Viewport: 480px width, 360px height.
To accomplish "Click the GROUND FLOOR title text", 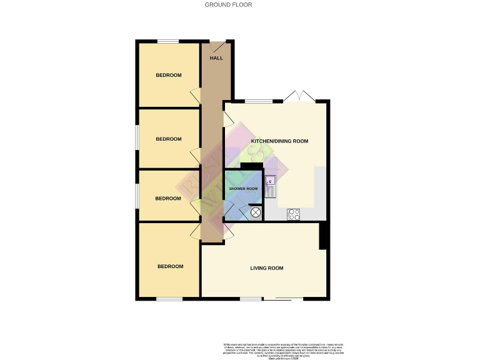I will pos(228,5).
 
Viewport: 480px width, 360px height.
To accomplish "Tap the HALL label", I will pos(216,58).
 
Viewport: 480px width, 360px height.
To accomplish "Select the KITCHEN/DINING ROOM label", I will pos(279,142).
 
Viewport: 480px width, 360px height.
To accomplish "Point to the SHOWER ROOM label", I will pos(243,189).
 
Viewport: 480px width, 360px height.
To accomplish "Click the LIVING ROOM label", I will pos(267,268).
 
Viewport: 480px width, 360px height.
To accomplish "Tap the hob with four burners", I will pos(293,214).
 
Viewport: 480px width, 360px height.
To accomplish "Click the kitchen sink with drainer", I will pos(271,186).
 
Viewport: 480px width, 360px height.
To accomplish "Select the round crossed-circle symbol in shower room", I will pos(256,212).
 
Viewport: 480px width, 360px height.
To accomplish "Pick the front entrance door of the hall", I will pos(217,47).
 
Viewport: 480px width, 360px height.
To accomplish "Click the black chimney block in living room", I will pos(324,236).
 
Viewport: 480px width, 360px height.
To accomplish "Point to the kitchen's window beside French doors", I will pos(254,101).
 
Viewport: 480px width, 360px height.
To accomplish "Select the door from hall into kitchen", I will pos(227,118).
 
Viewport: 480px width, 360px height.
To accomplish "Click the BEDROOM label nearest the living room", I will pos(170,267).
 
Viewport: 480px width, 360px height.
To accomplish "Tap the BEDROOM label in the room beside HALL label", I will pos(169,76).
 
